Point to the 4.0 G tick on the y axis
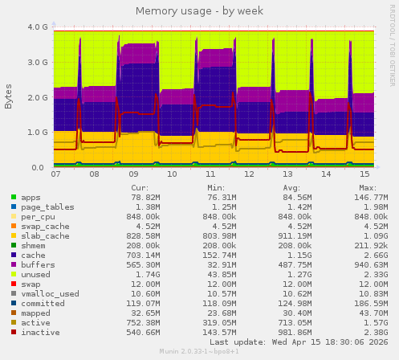click(x=38, y=27)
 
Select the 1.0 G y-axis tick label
click(x=38, y=133)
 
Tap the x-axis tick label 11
click(x=210, y=174)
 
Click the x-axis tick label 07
click(x=55, y=174)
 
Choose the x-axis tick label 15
click(x=364, y=174)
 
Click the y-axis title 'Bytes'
click(x=9, y=96)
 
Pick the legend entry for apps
click(x=31, y=197)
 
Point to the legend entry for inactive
click(x=39, y=332)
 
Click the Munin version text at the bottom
click(x=199, y=353)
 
